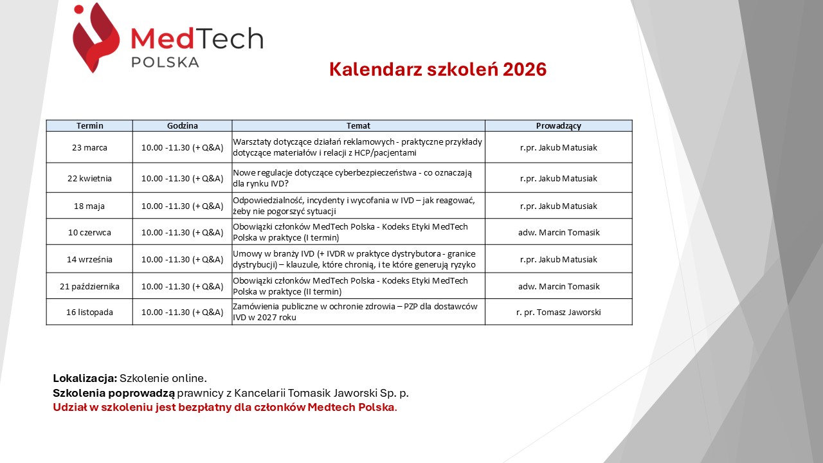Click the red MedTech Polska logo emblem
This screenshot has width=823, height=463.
point(96,37)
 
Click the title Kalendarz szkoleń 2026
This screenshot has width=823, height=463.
point(438,69)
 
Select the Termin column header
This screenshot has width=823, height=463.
point(89,125)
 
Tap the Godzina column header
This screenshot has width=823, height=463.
point(182,125)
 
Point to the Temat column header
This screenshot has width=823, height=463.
point(358,125)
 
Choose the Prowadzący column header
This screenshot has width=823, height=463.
point(559,126)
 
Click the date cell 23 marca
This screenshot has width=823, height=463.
point(89,147)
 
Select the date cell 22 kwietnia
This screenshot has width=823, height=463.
point(89,178)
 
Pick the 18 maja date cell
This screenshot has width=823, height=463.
point(89,206)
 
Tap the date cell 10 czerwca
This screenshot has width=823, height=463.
point(89,232)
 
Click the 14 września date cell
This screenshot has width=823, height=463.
point(89,259)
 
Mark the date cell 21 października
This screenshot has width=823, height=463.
point(89,286)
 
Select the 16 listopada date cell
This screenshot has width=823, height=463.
point(89,312)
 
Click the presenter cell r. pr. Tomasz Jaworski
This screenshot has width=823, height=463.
point(559,313)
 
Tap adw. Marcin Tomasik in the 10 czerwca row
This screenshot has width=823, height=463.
point(559,232)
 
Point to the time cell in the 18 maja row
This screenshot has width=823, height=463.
point(182,206)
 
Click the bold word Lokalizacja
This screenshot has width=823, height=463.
point(85,378)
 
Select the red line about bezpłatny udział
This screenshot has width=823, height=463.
point(225,408)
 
